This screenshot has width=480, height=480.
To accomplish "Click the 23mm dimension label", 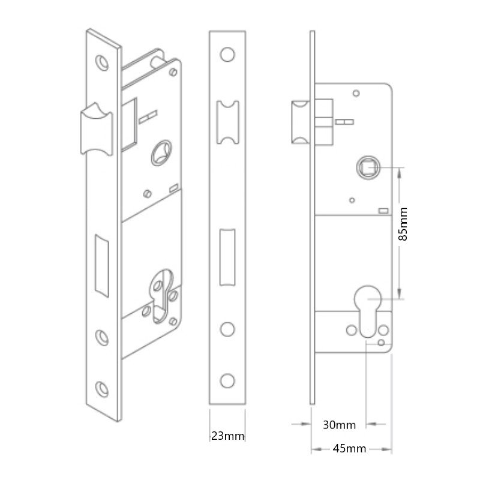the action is click(228, 436).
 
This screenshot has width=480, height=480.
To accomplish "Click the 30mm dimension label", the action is click(339, 425).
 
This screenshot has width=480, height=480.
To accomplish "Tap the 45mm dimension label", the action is click(349, 448).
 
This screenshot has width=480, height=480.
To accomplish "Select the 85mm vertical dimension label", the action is click(403, 224).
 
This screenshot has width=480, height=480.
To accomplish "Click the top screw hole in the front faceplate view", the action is click(227, 55).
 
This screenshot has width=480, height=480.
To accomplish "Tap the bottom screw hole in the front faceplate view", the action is click(227, 381).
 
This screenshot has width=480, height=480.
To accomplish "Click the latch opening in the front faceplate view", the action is click(228, 122).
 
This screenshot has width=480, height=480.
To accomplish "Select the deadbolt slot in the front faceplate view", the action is click(227, 257).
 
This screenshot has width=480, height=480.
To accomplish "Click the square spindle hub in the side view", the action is click(368, 167).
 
